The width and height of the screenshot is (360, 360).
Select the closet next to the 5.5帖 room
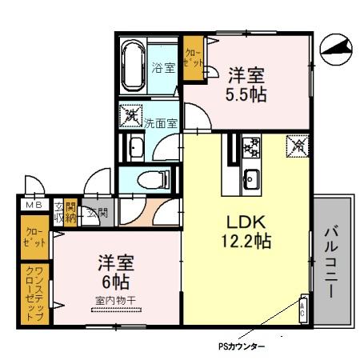(x=193, y=58)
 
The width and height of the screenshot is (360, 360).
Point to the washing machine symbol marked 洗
(x=130, y=115)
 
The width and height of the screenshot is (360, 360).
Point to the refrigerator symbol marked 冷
(x=298, y=146)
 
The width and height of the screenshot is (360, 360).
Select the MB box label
(x=34, y=206)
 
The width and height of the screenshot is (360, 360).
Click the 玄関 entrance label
(x=98, y=213)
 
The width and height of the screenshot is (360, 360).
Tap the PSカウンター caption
(x=242, y=347)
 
